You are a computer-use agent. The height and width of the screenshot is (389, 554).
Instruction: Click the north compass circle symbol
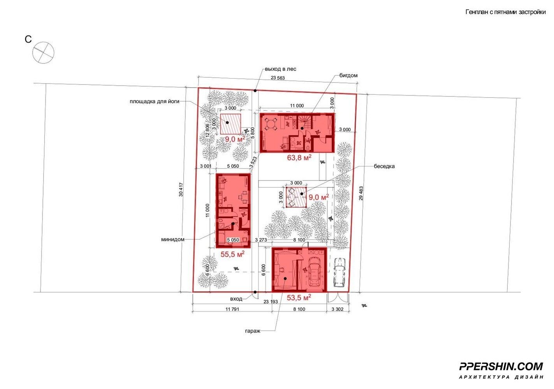point(43,53)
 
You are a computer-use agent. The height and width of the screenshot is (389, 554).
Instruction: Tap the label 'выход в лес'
point(280,69)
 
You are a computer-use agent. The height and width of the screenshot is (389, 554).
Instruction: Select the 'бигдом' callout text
point(348,75)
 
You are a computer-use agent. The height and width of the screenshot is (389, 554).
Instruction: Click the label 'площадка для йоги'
point(154,101)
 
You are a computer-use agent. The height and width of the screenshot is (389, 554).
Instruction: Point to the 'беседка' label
point(384,166)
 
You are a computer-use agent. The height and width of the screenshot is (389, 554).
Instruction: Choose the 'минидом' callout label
point(172,240)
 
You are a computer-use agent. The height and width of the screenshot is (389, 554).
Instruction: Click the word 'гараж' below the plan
point(253,331)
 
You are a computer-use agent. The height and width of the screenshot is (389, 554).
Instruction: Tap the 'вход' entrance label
point(236,299)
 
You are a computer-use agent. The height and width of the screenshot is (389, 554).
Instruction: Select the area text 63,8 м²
point(299,158)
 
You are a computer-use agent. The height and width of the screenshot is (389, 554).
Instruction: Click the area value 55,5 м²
point(232,254)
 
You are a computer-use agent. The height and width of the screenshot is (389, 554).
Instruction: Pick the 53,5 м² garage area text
point(299,298)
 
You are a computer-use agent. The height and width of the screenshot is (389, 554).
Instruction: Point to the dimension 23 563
point(278,78)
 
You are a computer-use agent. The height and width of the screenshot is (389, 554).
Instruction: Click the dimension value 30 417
point(181,189)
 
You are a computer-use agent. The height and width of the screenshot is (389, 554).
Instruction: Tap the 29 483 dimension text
point(361,193)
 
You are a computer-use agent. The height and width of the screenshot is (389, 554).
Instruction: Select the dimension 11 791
point(232,309)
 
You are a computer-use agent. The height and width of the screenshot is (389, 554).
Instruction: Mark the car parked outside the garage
point(339,272)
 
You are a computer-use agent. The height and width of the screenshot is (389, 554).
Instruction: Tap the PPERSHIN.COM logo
point(501,366)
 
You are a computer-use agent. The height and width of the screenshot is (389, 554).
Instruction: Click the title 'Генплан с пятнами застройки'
point(505,12)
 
